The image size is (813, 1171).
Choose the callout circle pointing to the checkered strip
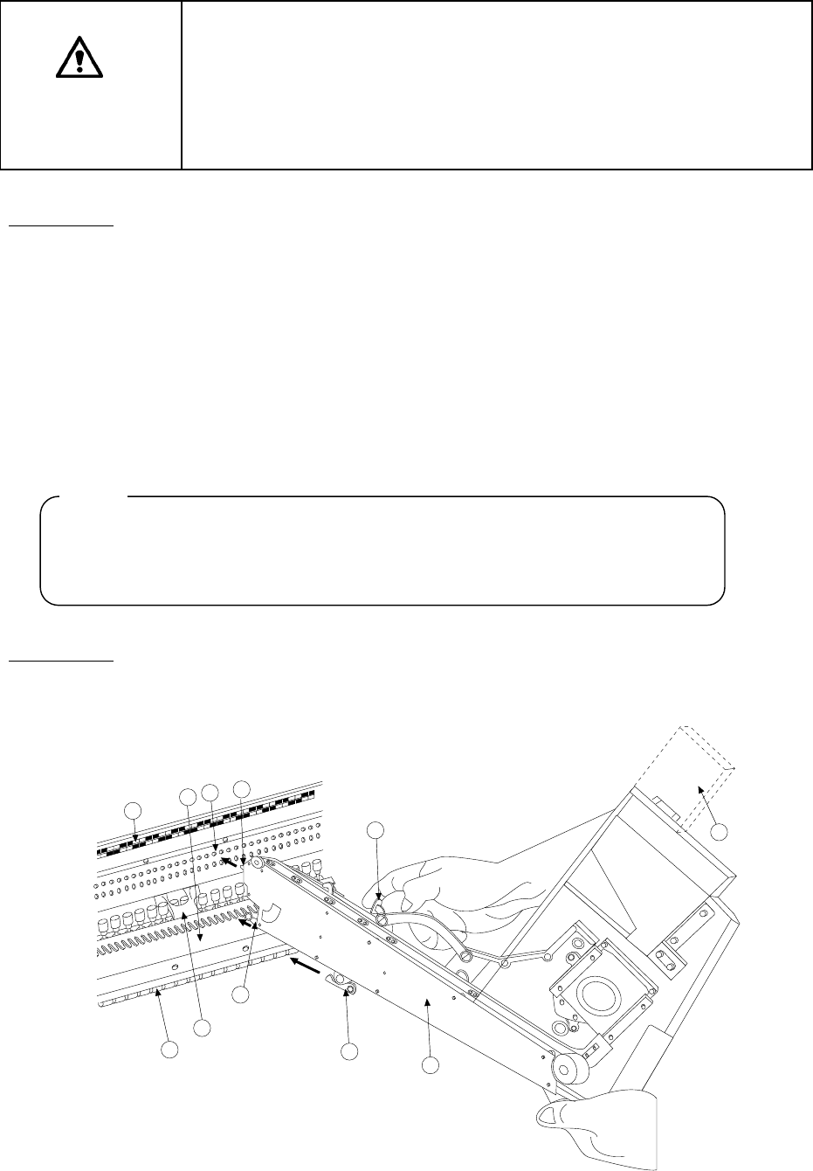tap(133, 810)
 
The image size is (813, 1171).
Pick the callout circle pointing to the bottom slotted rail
tap(170, 1050)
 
